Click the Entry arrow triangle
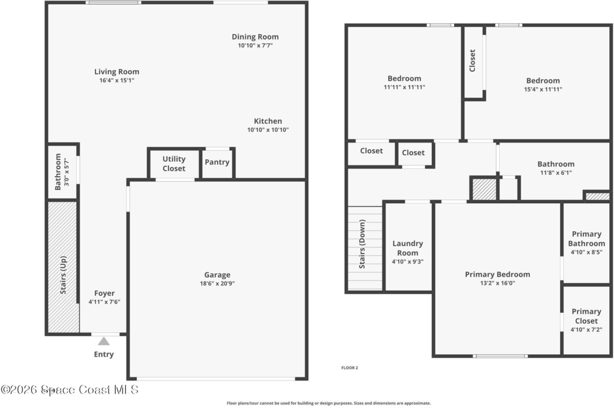[x=104, y=341]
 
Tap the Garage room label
[x=217, y=274]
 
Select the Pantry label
[x=217, y=162]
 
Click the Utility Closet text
[x=174, y=164]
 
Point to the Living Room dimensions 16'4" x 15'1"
[x=117, y=80]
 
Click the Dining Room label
[x=255, y=37]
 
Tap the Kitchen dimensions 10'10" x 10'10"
[x=268, y=129]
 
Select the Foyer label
[x=104, y=294]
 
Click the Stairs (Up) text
[x=63, y=275]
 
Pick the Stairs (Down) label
[x=362, y=244]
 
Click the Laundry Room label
[x=408, y=248]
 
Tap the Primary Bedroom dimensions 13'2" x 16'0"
[x=498, y=283]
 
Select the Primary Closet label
[x=586, y=316]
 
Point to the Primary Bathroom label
[x=586, y=238]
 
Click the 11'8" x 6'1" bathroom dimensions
[x=556, y=173]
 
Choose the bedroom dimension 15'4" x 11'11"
[x=543, y=89]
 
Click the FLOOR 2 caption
[x=350, y=368]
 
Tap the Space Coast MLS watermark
[x=70, y=389]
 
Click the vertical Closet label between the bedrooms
[x=472, y=61]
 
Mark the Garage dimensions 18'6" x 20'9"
[x=217, y=283]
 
